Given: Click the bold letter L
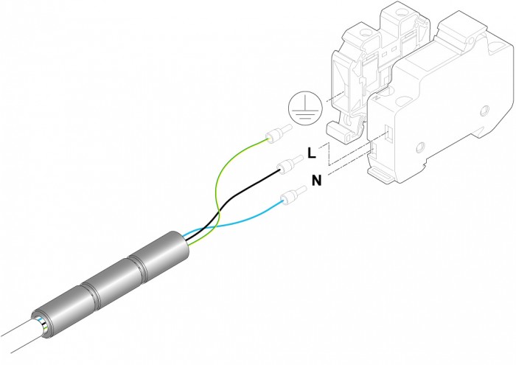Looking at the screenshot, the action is [x=311, y=153].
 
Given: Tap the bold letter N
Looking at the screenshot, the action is [x=316, y=181].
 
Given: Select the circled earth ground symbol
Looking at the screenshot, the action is [x=304, y=108].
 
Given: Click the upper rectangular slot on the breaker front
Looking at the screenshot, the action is [x=388, y=134].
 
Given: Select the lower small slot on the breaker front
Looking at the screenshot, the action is [x=372, y=149].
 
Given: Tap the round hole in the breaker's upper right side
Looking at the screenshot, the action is [x=485, y=111].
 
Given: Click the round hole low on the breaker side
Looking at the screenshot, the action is [x=421, y=147].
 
